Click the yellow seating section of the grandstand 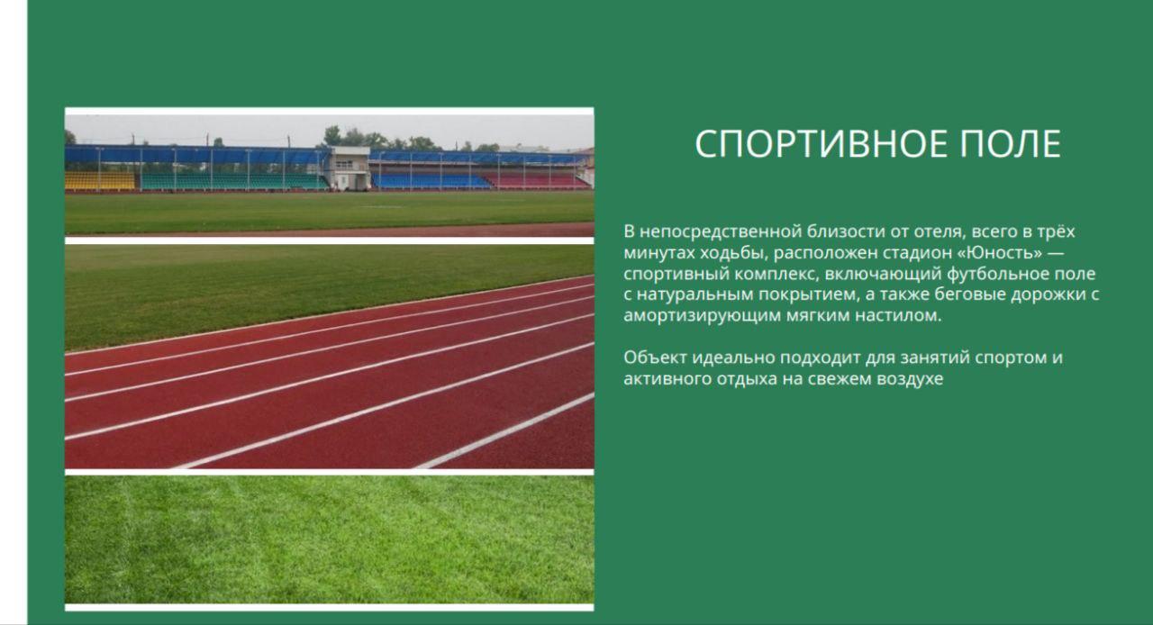point(100,180)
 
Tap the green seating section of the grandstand point(234,181)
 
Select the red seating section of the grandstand point(535,180)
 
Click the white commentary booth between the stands point(350,168)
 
